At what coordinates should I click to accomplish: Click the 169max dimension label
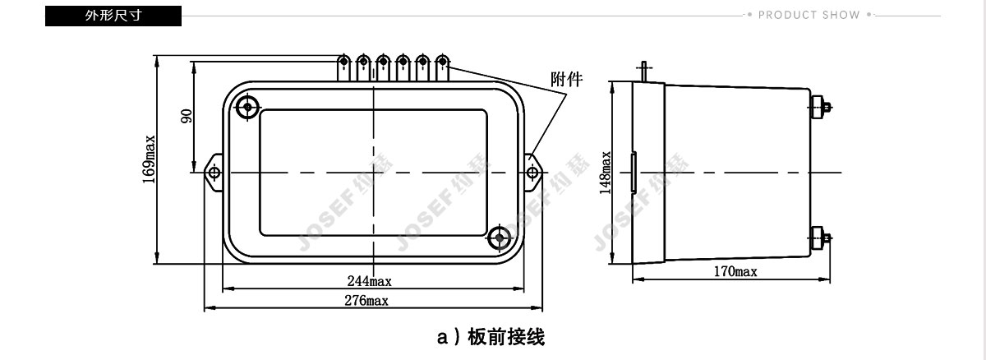(149, 159)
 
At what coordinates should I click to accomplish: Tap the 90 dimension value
(187, 116)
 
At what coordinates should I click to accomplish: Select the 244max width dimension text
(369, 281)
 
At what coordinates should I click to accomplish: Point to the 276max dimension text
(366, 301)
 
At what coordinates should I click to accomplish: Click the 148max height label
(606, 173)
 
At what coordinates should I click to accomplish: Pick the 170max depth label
(735, 271)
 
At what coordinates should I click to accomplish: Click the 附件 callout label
(566, 79)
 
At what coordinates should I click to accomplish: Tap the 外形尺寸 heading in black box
(113, 16)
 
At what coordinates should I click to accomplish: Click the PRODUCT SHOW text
(809, 15)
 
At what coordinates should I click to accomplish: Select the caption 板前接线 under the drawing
(506, 337)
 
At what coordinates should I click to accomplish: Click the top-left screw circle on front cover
(247, 107)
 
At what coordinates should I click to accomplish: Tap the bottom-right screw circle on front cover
(500, 238)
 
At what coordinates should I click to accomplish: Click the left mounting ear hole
(214, 173)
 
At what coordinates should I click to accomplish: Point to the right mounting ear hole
(532, 173)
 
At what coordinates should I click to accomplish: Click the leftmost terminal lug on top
(343, 67)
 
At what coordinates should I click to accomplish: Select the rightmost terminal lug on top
(442, 67)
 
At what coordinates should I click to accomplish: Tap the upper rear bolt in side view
(820, 107)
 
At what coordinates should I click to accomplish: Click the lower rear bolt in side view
(820, 238)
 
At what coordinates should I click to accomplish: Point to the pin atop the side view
(644, 72)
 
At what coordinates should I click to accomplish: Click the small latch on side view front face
(634, 172)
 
